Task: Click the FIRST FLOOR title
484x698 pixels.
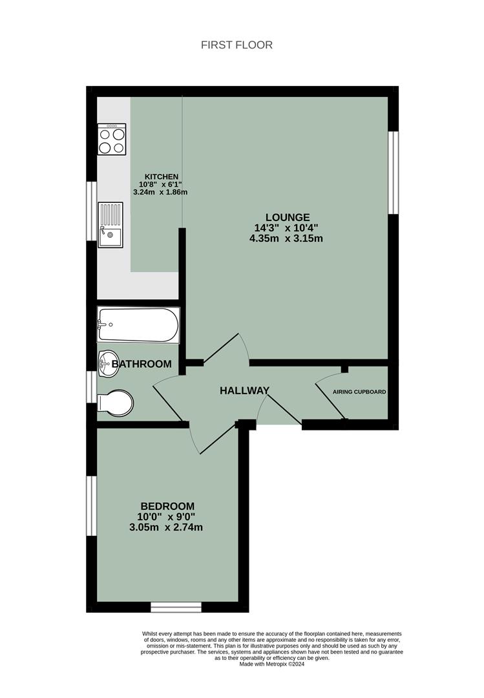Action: point(237,45)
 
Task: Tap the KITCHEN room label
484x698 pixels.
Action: point(161,176)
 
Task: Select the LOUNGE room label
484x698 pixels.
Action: point(288,217)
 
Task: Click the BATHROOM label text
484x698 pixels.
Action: point(142,365)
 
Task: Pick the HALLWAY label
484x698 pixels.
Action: point(244,390)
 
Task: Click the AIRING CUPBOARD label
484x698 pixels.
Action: point(359,392)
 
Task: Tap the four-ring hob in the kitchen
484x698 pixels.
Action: point(111,140)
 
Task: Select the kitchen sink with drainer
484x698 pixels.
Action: point(110,224)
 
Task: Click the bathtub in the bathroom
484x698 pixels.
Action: point(138,325)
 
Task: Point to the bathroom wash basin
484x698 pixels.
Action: point(107,363)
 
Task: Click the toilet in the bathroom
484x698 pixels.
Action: point(115,403)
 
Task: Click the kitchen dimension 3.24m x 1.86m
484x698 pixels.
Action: point(160,192)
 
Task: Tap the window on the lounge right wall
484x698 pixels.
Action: point(393,173)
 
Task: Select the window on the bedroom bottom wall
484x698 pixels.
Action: point(176,607)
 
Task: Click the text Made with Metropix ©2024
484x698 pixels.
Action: point(271,664)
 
